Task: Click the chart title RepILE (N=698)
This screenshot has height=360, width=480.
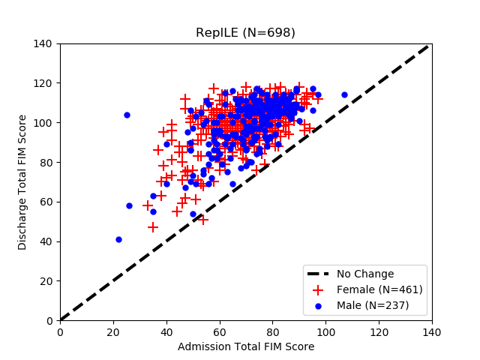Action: click(x=246, y=33)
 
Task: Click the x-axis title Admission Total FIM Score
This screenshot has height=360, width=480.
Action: click(x=246, y=346)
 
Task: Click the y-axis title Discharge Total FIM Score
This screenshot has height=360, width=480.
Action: click(x=22, y=182)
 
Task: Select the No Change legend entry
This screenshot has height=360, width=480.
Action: click(x=365, y=274)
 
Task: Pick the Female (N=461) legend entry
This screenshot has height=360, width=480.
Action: click(x=379, y=289)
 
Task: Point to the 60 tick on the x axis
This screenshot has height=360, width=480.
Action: click(x=220, y=321)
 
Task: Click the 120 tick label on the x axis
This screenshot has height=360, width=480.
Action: click(x=379, y=331)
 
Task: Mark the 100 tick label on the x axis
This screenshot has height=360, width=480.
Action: click(x=325, y=331)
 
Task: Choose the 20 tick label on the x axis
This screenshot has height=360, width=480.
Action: click(x=113, y=331)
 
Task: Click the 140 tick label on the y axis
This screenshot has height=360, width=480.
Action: click(x=43, y=43)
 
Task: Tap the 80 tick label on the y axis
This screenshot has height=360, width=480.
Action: click(x=46, y=163)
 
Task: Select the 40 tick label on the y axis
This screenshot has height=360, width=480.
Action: click(x=46, y=241)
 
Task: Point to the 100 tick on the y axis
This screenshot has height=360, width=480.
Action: click(x=60, y=123)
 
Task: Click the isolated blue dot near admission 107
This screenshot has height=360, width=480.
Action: click(x=344, y=95)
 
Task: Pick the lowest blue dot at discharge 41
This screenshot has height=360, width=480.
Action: click(x=118, y=239)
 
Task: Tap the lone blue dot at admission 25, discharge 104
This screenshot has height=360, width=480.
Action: click(x=127, y=115)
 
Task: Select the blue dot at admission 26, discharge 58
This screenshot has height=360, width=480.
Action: click(x=129, y=205)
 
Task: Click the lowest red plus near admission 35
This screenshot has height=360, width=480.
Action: click(x=153, y=227)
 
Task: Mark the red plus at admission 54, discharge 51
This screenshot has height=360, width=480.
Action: click(x=203, y=220)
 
